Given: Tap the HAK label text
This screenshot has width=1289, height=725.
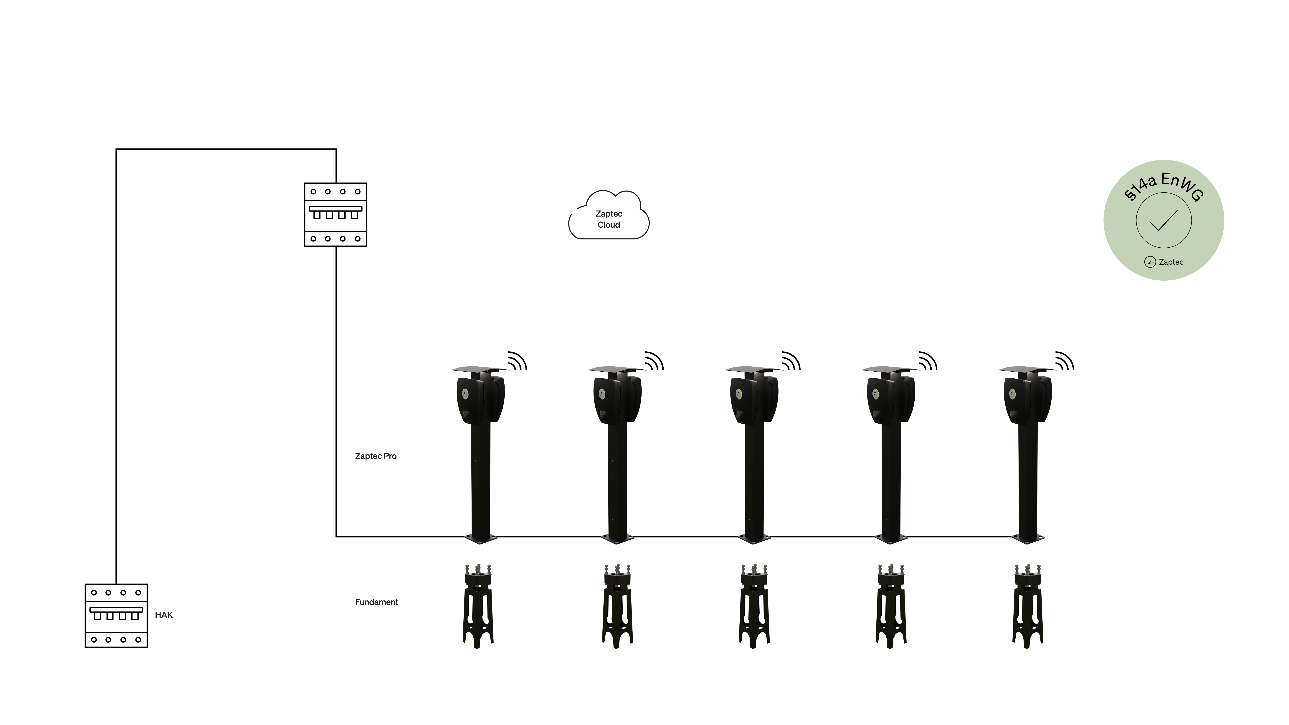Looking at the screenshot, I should pos(164,615).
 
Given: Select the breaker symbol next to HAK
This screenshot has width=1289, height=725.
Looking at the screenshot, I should pos(116,615).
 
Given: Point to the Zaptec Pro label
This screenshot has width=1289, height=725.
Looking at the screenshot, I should pos(375,456).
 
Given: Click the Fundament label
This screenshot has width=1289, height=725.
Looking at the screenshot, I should pos(376,602).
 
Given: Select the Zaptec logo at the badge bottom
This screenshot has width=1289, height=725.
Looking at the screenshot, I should pos(1164,262).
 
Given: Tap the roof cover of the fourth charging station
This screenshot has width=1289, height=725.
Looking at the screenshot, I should pos(888,369).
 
